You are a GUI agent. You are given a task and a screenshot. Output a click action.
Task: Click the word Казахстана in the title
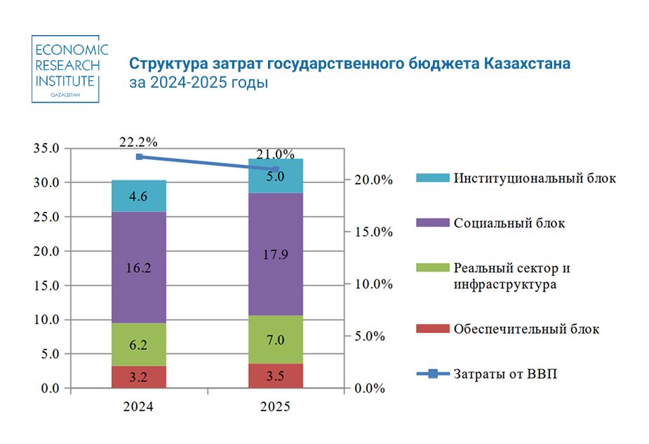pyautogui.click(x=527, y=64)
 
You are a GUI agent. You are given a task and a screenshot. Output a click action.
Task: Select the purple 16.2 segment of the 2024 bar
pyautogui.click(x=139, y=267)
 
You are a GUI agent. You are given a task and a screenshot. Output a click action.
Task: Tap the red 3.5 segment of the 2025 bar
pyautogui.click(x=276, y=375)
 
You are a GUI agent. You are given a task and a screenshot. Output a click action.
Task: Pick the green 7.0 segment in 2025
pyautogui.click(x=276, y=339)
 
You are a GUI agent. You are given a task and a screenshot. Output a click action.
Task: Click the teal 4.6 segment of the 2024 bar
pyautogui.click(x=139, y=196)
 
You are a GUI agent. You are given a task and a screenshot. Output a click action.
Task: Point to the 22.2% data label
pyautogui.click(x=138, y=142)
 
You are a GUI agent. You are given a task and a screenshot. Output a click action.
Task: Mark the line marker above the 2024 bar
pyautogui.click(x=139, y=156)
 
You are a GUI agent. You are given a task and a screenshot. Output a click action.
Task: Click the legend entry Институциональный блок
pyautogui.click(x=535, y=178)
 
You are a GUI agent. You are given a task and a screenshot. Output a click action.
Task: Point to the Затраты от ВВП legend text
pyautogui.click(x=505, y=374)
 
